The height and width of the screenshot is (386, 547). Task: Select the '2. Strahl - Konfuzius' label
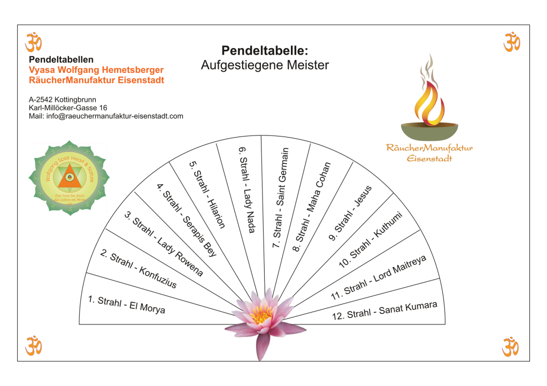click(x=138, y=270)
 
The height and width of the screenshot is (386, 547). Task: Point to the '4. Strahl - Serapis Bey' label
click(x=187, y=220)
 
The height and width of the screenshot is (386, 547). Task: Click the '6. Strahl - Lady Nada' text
click(x=246, y=188)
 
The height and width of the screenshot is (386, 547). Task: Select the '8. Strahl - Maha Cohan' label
click(x=312, y=201)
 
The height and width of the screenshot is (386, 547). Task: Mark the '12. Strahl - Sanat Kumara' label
click(x=384, y=311)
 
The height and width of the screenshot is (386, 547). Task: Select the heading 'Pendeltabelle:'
click(x=265, y=50)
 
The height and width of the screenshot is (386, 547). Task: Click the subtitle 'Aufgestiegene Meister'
click(x=265, y=65)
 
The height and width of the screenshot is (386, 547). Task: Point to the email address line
click(x=106, y=116)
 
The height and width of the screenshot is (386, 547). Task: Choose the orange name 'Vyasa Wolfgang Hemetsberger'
click(x=96, y=70)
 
